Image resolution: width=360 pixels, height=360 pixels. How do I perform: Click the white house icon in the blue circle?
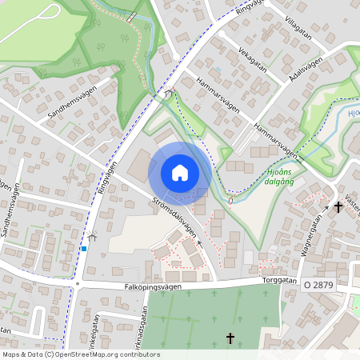180,173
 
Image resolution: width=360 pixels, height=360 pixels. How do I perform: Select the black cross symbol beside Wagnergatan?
338,206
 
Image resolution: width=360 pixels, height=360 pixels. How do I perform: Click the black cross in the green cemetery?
231,338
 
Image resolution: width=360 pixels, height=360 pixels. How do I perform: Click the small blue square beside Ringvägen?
83,248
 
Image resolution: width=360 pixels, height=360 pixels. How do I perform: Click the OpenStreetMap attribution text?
80,354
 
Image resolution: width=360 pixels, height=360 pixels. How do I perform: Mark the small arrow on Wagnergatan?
326,208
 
